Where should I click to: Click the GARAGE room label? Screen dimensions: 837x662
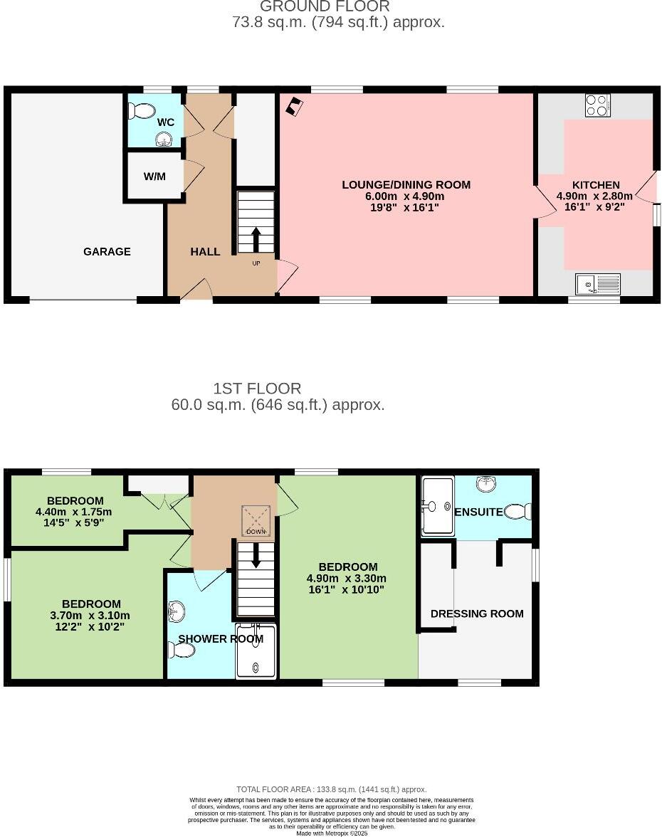[107, 251]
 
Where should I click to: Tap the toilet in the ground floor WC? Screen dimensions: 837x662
[142, 111]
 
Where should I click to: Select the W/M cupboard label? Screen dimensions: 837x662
[154, 176]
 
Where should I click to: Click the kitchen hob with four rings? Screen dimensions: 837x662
[597, 105]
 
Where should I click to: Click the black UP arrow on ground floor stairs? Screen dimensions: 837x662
[256, 239]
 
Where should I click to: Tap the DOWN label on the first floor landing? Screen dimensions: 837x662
[256, 532]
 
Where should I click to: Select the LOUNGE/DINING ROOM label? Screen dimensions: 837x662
[406, 184]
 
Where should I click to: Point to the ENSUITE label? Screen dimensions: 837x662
[478, 512]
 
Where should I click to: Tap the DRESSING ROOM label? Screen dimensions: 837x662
[477, 614]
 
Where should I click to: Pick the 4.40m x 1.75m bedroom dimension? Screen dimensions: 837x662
[73, 512]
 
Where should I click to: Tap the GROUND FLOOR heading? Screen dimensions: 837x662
[325, 6]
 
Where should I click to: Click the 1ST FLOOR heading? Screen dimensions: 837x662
[257, 389]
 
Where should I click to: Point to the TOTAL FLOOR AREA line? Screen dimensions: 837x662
[331, 789]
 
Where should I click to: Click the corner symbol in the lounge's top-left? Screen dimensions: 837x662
[293, 107]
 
